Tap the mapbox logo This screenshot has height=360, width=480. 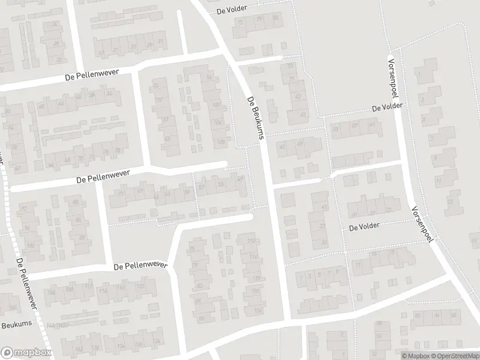26,353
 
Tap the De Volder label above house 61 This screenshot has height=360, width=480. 387,106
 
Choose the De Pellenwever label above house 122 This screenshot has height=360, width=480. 139,266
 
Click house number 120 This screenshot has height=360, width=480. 257,292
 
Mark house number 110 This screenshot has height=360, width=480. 251,242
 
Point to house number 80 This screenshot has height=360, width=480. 76,203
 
